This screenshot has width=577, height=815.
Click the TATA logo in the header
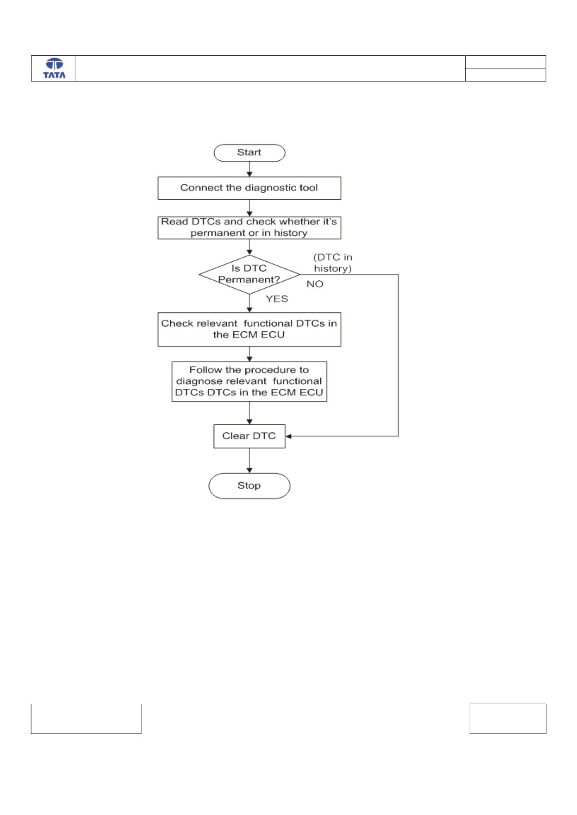point(54,69)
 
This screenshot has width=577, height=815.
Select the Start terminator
point(249,152)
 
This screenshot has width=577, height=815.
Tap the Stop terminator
point(249,486)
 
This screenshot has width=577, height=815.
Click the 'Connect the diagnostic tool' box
point(249,188)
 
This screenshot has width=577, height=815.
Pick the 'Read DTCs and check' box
point(249,227)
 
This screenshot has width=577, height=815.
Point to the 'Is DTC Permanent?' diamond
point(249,274)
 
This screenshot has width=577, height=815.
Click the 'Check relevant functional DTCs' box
point(249,329)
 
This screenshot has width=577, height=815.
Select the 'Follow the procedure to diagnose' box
point(249,381)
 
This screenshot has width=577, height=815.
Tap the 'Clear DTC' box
point(249,436)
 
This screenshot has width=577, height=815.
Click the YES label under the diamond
point(277,299)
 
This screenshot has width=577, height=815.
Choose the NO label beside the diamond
point(315,284)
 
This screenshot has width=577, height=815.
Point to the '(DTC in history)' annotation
point(333,263)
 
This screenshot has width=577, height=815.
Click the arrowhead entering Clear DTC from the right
point(288,436)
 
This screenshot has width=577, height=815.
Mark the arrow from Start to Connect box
point(250,169)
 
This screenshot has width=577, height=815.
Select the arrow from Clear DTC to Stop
point(250,461)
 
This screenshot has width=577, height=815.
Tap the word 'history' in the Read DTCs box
point(290,233)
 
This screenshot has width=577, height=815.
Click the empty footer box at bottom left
point(86,718)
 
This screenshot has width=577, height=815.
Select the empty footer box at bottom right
point(508,718)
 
